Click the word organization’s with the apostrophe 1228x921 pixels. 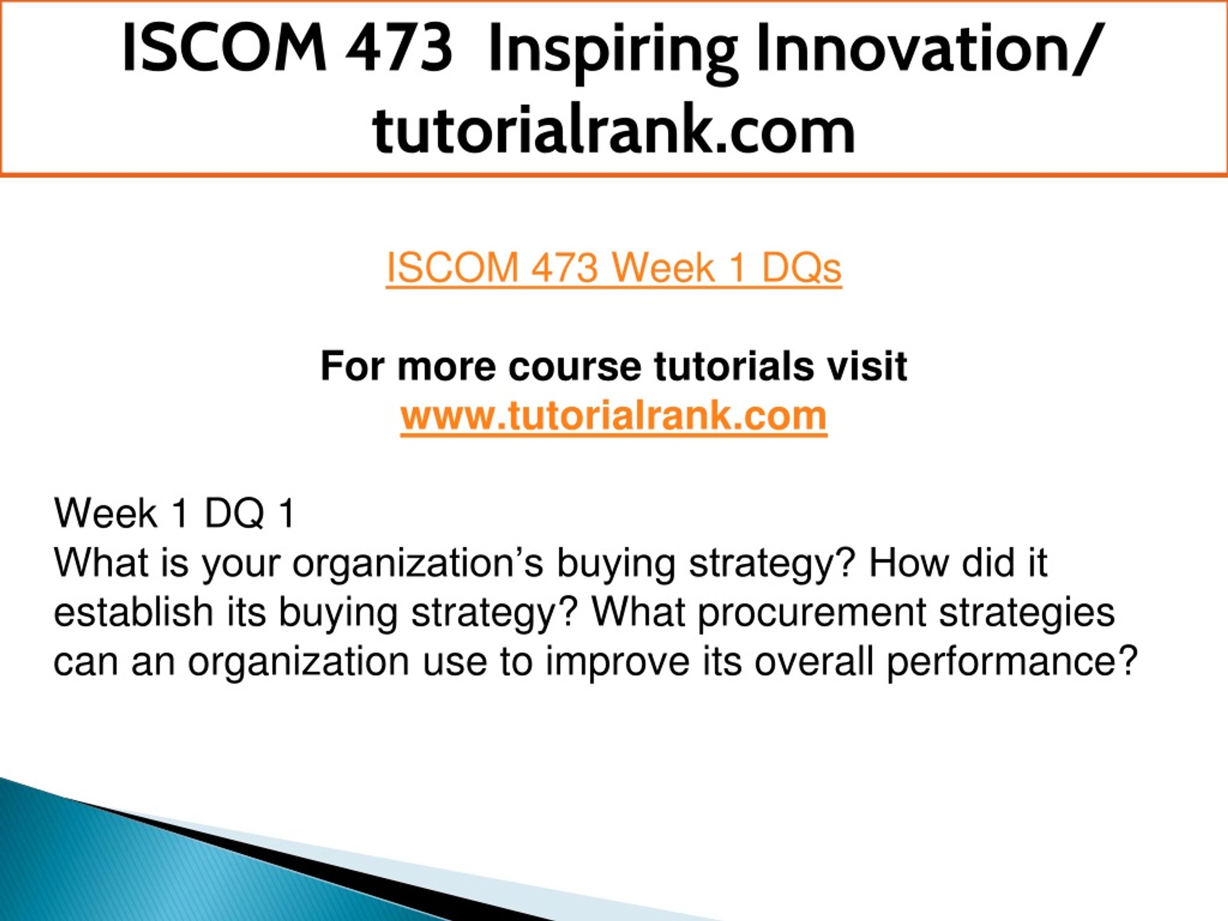point(417,564)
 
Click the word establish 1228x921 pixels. point(134,613)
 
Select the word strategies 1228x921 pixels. point(1027,614)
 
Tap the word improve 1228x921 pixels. point(617,663)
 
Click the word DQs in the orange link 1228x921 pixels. point(802,268)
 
